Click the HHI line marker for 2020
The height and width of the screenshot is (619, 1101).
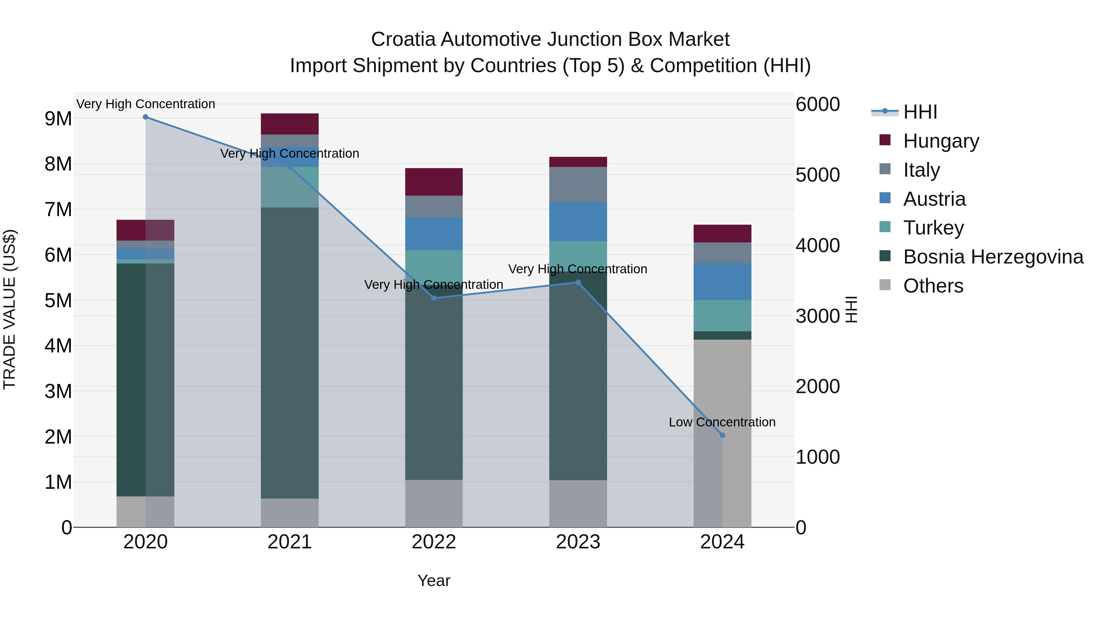[145, 117]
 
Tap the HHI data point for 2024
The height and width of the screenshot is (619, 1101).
[722, 435]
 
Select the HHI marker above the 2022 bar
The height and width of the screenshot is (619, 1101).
[434, 298]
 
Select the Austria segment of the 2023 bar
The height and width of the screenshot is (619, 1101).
[578, 221]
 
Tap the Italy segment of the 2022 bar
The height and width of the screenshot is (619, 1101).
[434, 206]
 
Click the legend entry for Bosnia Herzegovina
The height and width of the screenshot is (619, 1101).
[993, 257]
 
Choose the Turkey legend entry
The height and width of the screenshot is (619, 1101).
[933, 228]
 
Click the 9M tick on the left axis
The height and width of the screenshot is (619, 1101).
[58, 119]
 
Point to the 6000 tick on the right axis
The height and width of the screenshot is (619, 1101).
[817, 104]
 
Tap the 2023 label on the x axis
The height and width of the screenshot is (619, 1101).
[578, 542]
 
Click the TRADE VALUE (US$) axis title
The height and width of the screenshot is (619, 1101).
[9, 309]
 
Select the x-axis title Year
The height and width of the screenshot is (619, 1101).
[433, 580]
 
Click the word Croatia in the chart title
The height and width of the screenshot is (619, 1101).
[403, 39]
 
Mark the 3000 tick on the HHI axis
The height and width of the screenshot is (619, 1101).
[817, 316]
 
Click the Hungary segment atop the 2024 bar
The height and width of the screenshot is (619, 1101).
[722, 234]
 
